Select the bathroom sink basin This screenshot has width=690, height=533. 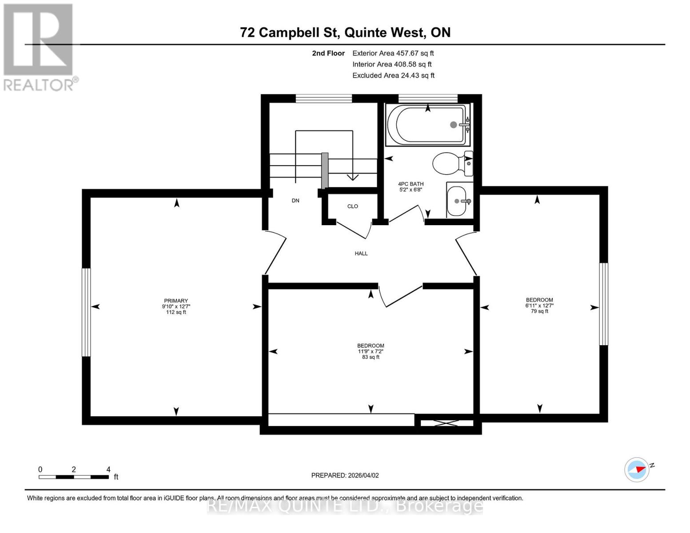(x=457, y=201)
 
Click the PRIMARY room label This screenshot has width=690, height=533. (x=176, y=301)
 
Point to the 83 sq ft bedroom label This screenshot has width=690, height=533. (x=371, y=351)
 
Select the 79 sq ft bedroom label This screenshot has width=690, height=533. (x=539, y=306)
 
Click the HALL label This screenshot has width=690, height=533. (x=361, y=254)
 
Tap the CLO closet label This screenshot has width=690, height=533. (x=353, y=207)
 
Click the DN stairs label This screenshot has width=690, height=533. (x=295, y=201)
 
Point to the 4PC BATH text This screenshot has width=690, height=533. (x=411, y=184)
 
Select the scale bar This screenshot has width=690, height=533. (x=74, y=477)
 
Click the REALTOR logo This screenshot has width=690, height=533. (x=39, y=47)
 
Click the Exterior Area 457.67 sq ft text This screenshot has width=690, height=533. (x=393, y=53)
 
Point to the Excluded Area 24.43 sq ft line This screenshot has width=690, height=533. (x=393, y=76)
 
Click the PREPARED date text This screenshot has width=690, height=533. (x=345, y=475)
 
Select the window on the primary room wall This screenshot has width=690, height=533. (x=86, y=312)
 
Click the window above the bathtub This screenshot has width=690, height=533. (x=428, y=99)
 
